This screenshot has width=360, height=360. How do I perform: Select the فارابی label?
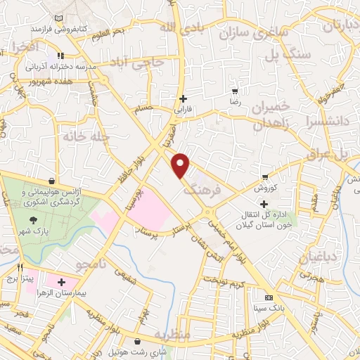tap(184, 110)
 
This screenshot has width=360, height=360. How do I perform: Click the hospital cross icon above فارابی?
tap(184, 98)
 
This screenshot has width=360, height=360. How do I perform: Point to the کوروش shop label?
tap(264, 188)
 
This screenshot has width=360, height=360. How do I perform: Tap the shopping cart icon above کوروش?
tap(264, 176)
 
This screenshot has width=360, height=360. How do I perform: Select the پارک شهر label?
tap(49, 231)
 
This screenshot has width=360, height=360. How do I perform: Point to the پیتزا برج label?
tap(20, 278)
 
